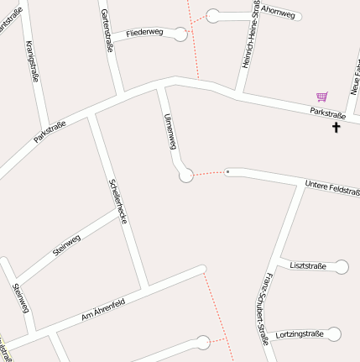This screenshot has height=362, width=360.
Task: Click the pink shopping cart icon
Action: tap(321, 97)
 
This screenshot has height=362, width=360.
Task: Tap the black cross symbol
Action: tap(337, 128)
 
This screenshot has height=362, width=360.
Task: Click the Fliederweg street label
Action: tap(144, 34)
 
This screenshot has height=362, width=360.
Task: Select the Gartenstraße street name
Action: tap(107, 30)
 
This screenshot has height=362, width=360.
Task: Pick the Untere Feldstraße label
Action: tap(331, 186)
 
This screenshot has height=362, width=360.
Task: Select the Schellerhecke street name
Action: tap(117, 201)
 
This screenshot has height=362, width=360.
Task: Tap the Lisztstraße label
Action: tap(307, 265)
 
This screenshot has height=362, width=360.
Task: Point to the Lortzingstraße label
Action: tap(300, 333)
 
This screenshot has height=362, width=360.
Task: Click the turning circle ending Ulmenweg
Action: tap(186, 175)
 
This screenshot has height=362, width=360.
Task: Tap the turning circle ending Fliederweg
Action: tap(180, 34)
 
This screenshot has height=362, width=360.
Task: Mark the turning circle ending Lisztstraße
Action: tap(341, 267)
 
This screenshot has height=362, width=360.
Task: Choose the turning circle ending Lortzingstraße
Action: tap(334, 334)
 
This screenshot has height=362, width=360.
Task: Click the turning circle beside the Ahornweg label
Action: tap(214, 14)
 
